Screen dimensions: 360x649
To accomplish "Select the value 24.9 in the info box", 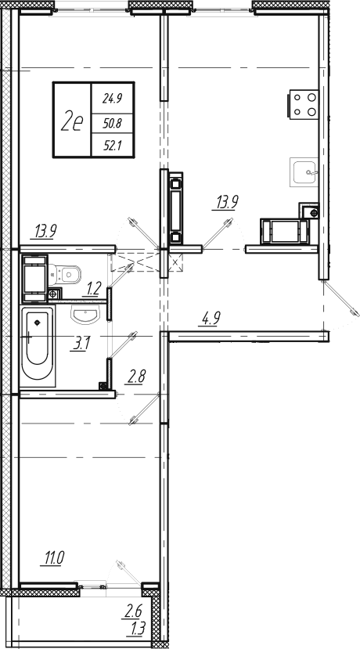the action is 112,99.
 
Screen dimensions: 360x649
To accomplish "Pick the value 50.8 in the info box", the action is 112,122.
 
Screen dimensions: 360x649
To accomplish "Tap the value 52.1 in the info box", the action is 112,146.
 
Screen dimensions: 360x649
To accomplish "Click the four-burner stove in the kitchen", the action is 304,104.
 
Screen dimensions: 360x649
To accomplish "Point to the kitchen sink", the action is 304,172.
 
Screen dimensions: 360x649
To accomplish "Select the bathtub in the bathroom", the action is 38,347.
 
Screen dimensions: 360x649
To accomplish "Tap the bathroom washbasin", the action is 85,315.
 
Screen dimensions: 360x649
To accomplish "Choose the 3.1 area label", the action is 81,344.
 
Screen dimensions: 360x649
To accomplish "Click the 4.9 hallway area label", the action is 210,319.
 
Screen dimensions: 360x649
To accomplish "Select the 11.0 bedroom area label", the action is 52,559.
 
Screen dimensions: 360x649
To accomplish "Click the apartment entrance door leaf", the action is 340,297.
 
